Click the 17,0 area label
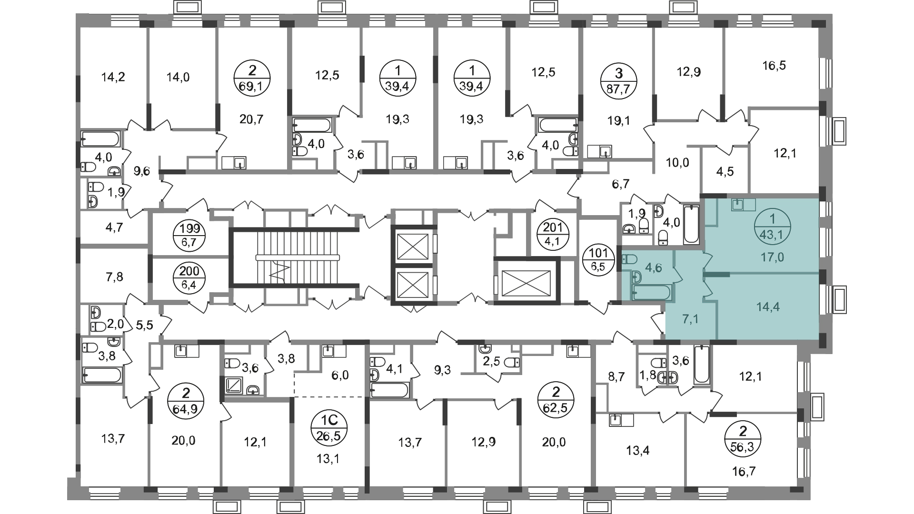[x=772, y=257]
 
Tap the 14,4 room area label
[x=768, y=307]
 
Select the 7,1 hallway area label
[x=690, y=319]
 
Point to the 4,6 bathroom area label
[x=653, y=267]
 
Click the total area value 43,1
[x=772, y=234]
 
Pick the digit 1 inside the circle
[x=772, y=219]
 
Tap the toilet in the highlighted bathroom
[x=629, y=260]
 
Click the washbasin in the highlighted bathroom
[x=637, y=277]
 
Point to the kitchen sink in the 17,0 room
[x=737, y=205]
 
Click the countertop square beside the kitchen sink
[x=749, y=205]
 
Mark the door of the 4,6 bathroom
[x=676, y=275]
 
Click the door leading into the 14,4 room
[x=707, y=289]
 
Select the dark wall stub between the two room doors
[x=716, y=275]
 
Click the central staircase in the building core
[x=286, y=257]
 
